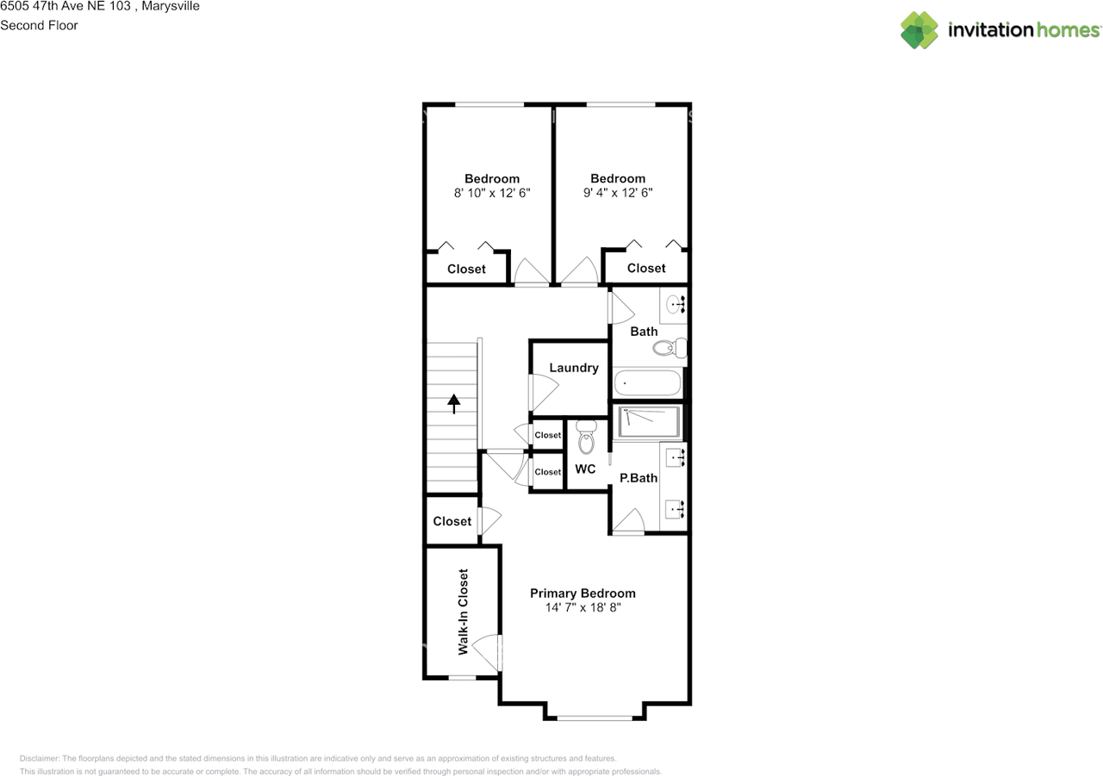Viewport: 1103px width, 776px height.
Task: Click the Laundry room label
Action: [x=573, y=368]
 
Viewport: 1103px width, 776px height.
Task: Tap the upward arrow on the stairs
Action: [x=453, y=403]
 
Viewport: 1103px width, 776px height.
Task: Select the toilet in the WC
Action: [x=587, y=438]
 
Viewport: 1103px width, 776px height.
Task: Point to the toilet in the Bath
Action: [x=670, y=348]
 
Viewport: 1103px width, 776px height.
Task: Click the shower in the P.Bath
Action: [x=650, y=422]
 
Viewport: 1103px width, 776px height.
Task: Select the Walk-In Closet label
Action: [x=463, y=611]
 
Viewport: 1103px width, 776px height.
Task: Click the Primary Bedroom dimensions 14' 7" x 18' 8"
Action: [x=583, y=607]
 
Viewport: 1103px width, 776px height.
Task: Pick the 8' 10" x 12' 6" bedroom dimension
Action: [x=492, y=194]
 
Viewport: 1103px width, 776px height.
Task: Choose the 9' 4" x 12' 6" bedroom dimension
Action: [x=618, y=194]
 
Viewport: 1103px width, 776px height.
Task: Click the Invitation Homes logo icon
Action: [x=919, y=30]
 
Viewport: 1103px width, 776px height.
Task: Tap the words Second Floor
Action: [x=39, y=25]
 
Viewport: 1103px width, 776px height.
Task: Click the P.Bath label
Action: [x=639, y=478]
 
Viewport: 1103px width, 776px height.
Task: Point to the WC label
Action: [x=585, y=469]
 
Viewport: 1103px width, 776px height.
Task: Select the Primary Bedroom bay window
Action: [x=594, y=717]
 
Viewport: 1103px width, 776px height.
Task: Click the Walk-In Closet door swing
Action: [x=487, y=652]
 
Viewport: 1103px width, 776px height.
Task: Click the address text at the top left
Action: [x=100, y=7]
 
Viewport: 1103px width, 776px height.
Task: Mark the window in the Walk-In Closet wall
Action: [x=462, y=678]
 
